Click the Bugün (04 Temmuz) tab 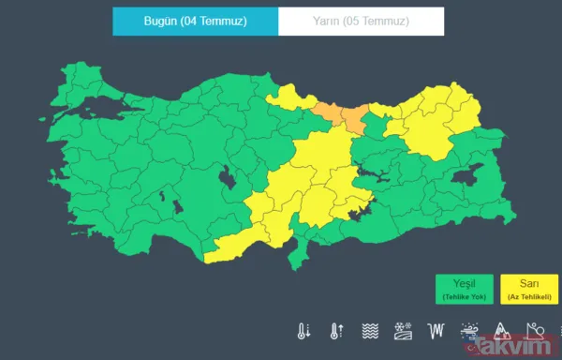tap(195, 22)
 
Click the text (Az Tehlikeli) tap(528, 296)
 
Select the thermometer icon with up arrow tap(336, 331)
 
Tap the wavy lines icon tap(370, 331)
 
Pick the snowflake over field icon tap(403, 331)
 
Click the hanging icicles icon tap(436, 331)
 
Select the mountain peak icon tap(501, 331)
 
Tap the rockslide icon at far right tap(535, 331)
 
